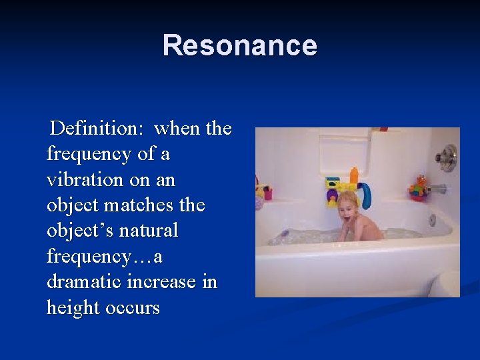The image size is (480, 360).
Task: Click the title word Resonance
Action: [x=239, y=45]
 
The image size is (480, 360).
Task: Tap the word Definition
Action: [x=98, y=127]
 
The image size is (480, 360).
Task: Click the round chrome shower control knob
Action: [x=449, y=157]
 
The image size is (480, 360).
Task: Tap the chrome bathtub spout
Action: [x=438, y=189]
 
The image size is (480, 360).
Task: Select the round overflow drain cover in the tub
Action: [x=433, y=219]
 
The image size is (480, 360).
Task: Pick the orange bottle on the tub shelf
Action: [x=354, y=176]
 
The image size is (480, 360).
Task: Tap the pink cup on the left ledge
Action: [x=268, y=194]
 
